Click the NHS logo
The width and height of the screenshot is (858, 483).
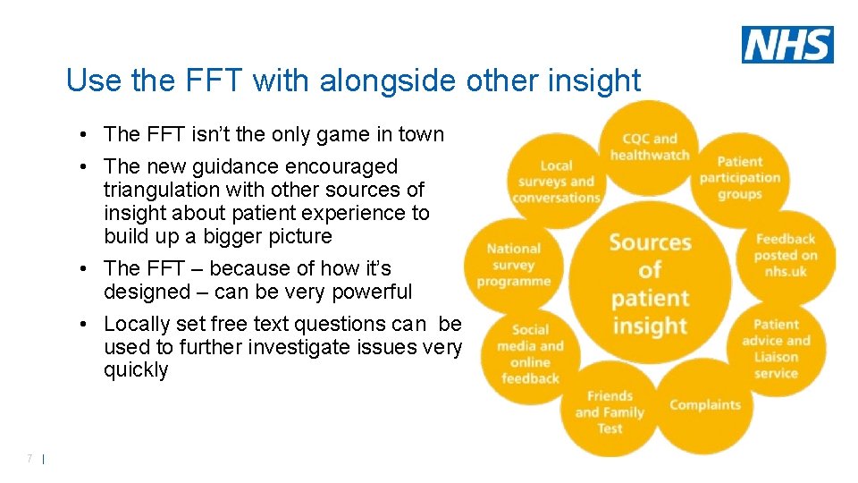click(x=787, y=45)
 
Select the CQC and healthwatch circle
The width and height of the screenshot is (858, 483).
click(x=650, y=147)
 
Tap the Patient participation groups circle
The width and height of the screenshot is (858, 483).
click(x=739, y=178)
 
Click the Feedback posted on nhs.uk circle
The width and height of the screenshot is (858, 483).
click(x=786, y=255)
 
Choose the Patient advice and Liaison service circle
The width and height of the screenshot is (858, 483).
click(x=775, y=349)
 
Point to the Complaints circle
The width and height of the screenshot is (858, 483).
click(x=704, y=405)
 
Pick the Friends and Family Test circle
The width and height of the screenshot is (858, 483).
click(x=610, y=411)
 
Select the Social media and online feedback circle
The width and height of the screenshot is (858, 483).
click(x=530, y=354)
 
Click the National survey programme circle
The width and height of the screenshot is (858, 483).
click(x=514, y=265)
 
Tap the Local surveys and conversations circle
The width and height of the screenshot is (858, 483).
click(x=556, y=182)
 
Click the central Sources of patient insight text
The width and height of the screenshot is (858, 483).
click(x=650, y=284)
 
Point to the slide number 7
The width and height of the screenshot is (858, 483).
click(x=29, y=459)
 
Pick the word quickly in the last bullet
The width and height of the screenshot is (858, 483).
click(x=136, y=370)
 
